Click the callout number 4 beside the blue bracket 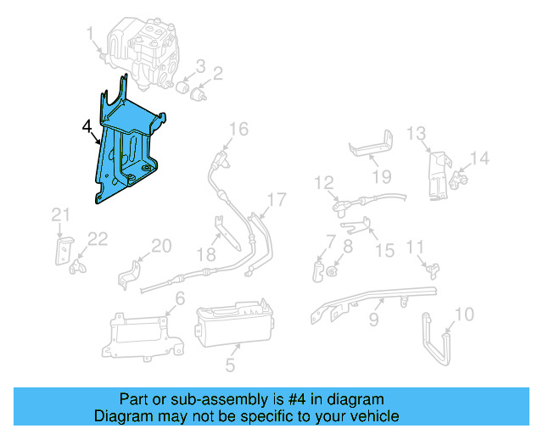[87, 128]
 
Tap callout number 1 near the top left [90, 33]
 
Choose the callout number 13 [415, 133]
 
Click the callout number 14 [480, 158]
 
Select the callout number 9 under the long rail [372, 321]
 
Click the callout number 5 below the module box [230, 366]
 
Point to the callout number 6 [179, 298]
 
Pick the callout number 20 [161, 246]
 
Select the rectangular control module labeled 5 [233, 327]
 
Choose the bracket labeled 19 [372, 146]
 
